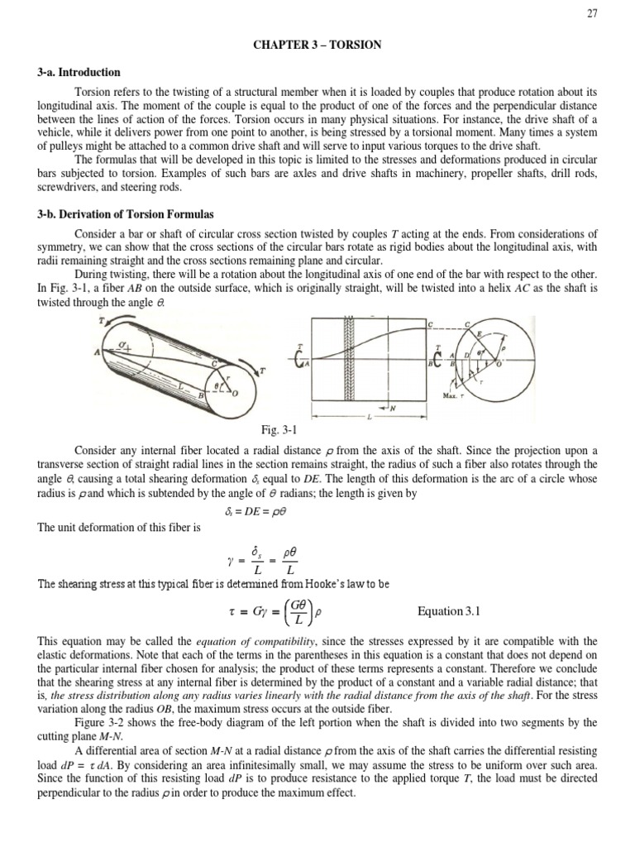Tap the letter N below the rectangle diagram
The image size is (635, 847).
tap(392, 409)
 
